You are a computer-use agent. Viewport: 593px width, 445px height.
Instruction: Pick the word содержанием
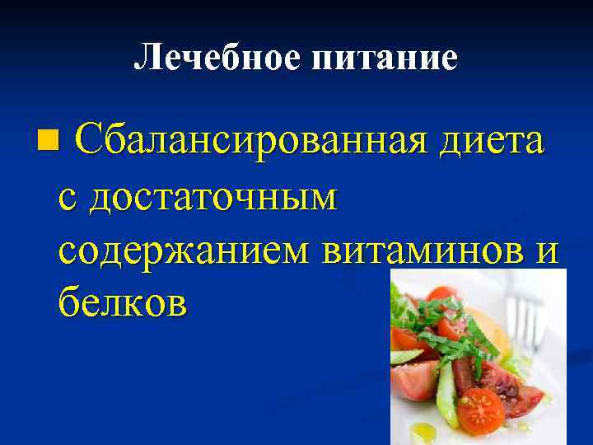coord(182,251)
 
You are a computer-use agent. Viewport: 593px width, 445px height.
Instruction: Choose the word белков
coord(123,303)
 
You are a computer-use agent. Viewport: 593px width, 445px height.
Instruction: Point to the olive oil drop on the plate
coord(424,430)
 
